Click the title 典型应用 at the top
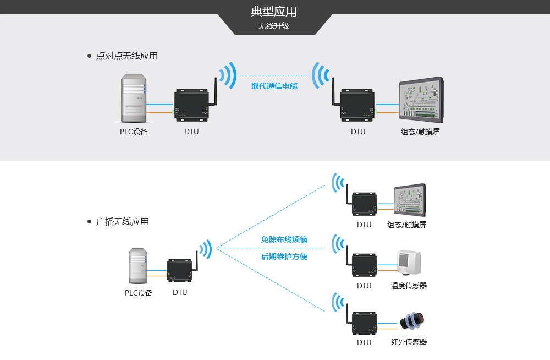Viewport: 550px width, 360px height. coord(274,12)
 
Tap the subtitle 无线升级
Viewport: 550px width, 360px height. coord(274,26)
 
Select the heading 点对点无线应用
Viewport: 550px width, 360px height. coord(127,56)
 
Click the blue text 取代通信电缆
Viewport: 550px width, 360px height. coord(274,85)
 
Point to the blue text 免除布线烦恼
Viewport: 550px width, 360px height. coord(284,239)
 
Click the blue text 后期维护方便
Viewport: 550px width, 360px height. coord(284,257)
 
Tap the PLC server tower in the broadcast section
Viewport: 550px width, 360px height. coord(139,266)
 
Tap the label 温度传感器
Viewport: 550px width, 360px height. coord(409,286)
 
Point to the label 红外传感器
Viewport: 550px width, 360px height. coord(409,342)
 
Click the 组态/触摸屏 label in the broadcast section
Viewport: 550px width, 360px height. coord(406,225)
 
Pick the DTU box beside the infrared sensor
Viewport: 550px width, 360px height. coord(364,323)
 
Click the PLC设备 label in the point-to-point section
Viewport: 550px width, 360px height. coord(134,132)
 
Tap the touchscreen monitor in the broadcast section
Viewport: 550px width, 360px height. coord(410,200)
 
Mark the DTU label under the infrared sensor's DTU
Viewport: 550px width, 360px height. coord(364,342)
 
